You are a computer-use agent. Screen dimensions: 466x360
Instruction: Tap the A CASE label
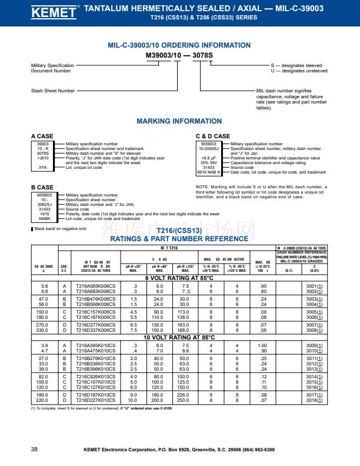tap(42, 137)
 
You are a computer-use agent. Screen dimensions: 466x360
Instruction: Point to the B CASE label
tap(42, 188)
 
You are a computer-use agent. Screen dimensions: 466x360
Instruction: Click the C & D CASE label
tap(212, 137)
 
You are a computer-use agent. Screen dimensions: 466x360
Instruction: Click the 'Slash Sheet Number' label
tap(53, 91)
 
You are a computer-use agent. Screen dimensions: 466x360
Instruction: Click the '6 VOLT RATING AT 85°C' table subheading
tap(179, 277)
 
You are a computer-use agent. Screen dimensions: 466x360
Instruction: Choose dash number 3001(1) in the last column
tap(314, 285)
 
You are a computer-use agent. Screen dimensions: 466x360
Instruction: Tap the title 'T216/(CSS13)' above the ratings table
tap(179, 232)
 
